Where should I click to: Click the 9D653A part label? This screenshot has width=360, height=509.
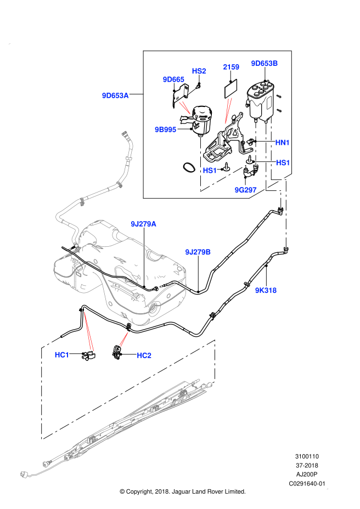tap(115, 95)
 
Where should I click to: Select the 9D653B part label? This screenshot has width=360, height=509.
tap(265, 63)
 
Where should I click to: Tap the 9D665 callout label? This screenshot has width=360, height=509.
tap(173, 80)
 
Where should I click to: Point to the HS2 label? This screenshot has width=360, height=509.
tap(199, 71)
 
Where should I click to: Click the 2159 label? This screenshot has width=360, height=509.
tap(231, 67)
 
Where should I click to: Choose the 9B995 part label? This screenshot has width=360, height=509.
tap(165, 130)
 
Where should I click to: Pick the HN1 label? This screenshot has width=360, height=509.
tap(283, 143)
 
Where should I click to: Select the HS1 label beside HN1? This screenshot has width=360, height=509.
tap(283, 163)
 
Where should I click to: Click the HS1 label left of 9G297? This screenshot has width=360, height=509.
tap(210, 171)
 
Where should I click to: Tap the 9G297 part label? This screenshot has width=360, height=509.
tap(245, 190)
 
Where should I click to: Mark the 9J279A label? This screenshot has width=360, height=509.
tap(143, 224)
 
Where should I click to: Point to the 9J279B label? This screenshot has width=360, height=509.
tap(198, 252)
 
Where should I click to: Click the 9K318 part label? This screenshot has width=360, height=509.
tap(266, 291)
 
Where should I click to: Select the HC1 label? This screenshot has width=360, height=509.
tap(62, 355)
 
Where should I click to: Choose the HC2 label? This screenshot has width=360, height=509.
tap(144, 355)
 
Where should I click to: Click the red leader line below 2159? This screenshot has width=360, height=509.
tap(228, 111)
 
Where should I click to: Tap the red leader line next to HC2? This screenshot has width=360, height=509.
tap(124, 340)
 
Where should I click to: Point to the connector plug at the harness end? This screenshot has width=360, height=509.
tap(24, 474)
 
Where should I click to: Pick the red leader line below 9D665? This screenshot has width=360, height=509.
tap(185, 108)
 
